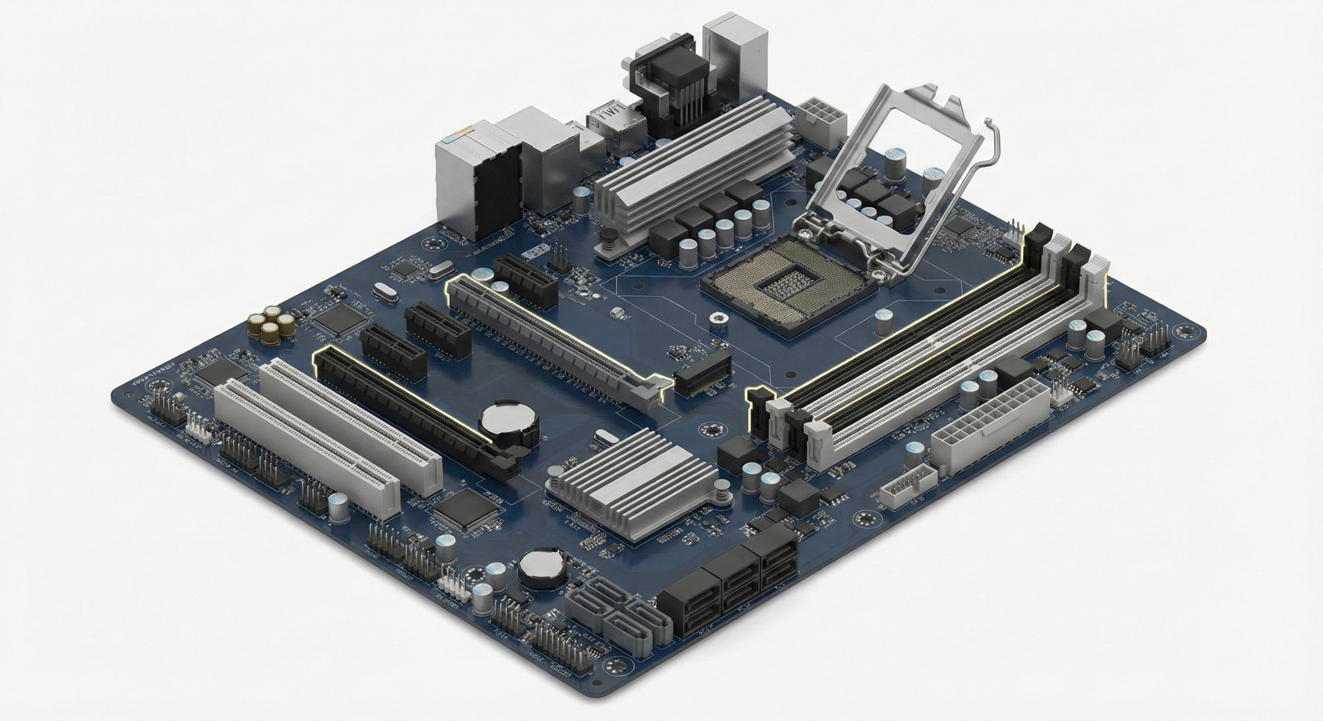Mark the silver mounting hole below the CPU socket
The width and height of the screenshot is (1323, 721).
[716, 318]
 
